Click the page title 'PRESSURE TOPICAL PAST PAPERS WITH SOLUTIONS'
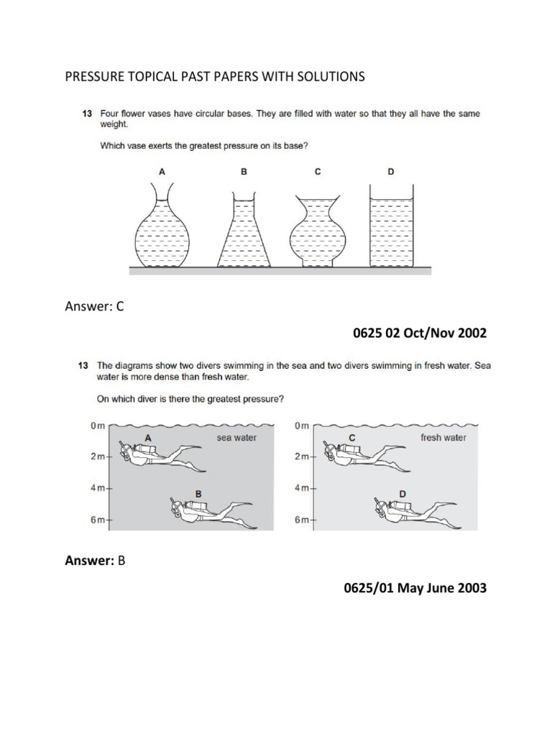pos(215,77)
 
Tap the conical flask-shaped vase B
pos(246,231)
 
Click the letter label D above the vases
pos(392,172)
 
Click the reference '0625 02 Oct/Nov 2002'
pos(419,333)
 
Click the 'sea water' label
pos(236,437)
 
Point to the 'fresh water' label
pos(443,437)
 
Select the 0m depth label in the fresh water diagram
pos(301,426)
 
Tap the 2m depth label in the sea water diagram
pos(99,457)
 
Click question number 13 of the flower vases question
pos(84,114)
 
